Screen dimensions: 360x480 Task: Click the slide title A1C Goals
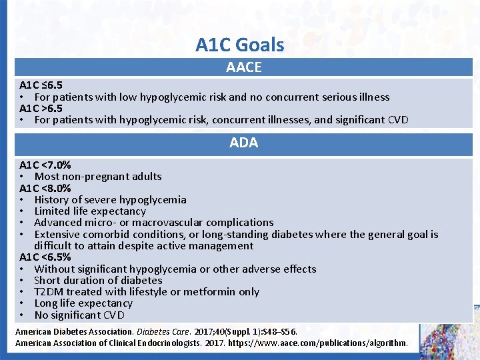tap(239, 45)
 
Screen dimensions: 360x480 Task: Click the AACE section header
tap(243, 67)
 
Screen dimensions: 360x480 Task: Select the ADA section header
tap(243, 143)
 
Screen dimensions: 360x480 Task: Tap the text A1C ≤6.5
tap(41, 85)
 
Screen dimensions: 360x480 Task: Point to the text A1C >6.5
tap(41, 108)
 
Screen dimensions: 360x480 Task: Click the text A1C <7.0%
tap(45, 165)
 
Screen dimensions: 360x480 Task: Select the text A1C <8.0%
tap(45, 188)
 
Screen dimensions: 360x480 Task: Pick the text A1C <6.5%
tap(45, 257)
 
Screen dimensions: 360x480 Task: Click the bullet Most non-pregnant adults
tap(98, 177)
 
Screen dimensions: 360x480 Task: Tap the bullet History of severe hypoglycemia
tap(110, 199)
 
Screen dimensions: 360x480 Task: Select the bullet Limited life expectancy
tap(90, 211)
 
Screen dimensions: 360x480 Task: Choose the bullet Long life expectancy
tap(83, 303)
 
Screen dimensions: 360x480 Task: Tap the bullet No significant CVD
tap(79, 315)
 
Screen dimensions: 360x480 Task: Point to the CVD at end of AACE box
tap(397, 120)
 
